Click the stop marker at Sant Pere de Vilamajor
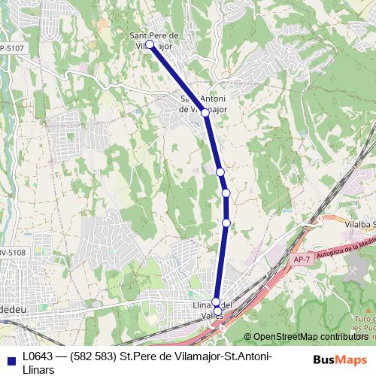(x=150, y=45)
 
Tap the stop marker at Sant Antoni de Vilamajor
(x=205, y=112)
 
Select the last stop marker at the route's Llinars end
(x=218, y=310)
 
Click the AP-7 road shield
(x=300, y=259)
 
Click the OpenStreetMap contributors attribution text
(x=310, y=337)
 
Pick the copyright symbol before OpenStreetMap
(x=248, y=337)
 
